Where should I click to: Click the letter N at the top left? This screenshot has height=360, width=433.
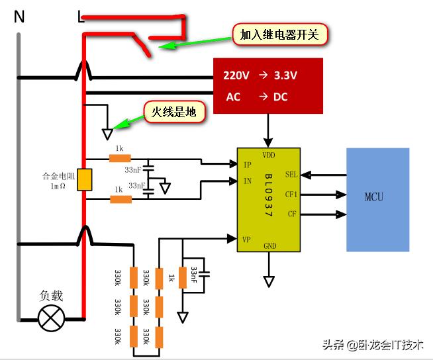[19, 17]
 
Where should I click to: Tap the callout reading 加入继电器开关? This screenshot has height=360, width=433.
[280, 34]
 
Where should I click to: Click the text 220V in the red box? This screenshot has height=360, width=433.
[236, 75]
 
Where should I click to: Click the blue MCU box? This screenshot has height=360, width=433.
[377, 199]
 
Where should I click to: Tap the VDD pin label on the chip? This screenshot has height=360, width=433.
[269, 156]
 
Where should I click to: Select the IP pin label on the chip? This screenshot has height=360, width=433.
[248, 164]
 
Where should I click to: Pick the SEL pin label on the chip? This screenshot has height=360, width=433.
[291, 175]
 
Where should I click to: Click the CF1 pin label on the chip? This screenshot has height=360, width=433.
[291, 195]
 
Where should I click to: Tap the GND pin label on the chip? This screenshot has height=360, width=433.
[269, 246]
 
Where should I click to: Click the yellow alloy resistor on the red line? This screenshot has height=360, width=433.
[84, 179]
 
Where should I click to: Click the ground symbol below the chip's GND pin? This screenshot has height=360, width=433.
[269, 281]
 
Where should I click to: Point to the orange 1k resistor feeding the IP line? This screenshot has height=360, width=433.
[120, 159]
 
